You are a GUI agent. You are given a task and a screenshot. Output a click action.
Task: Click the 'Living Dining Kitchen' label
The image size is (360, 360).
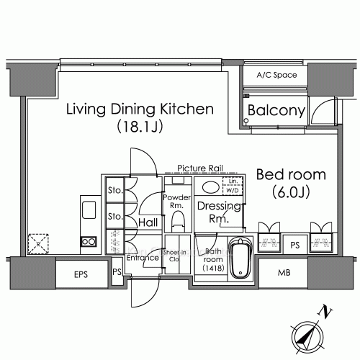[x=140, y=109]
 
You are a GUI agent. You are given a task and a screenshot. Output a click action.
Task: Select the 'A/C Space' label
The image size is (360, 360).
[x=275, y=74]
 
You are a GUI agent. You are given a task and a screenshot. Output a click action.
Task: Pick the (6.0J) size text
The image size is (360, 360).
[x=291, y=192]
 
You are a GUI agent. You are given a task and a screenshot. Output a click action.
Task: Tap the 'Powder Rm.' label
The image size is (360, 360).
[x=176, y=200]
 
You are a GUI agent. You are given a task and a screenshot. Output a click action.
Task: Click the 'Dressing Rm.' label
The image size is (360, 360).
[x=213, y=212]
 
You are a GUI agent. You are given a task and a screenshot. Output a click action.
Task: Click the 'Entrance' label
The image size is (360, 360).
[x=142, y=258]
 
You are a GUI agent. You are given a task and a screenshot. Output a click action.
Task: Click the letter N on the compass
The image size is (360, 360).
[x=327, y=312]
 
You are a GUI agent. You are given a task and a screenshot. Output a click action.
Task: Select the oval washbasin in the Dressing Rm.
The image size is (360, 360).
[x=211, y=187]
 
